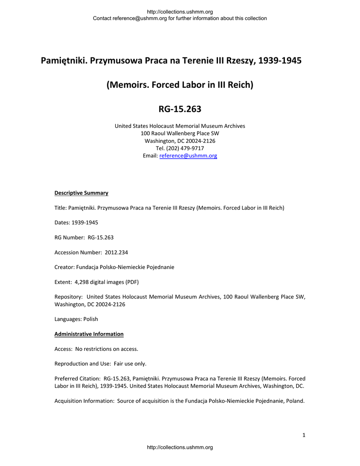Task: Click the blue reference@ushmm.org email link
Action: pos(188,156)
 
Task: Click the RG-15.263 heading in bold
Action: pos(180,109)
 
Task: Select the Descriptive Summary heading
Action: pos(81,193)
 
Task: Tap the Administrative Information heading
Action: pos(89,334)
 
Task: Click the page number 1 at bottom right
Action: pos(304,436)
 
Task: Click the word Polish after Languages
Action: pos(90,319)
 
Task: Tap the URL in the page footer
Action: pos(180,448)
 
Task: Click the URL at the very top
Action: pos(180,11)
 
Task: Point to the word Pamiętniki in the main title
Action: pos(64,61)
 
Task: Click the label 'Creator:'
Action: pos(64,267)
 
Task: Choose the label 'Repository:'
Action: pos(68,297)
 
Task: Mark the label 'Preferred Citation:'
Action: pos(77,379)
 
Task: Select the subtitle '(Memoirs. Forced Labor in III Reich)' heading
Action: pos(180,85)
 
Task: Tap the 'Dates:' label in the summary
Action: pos(62,223)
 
